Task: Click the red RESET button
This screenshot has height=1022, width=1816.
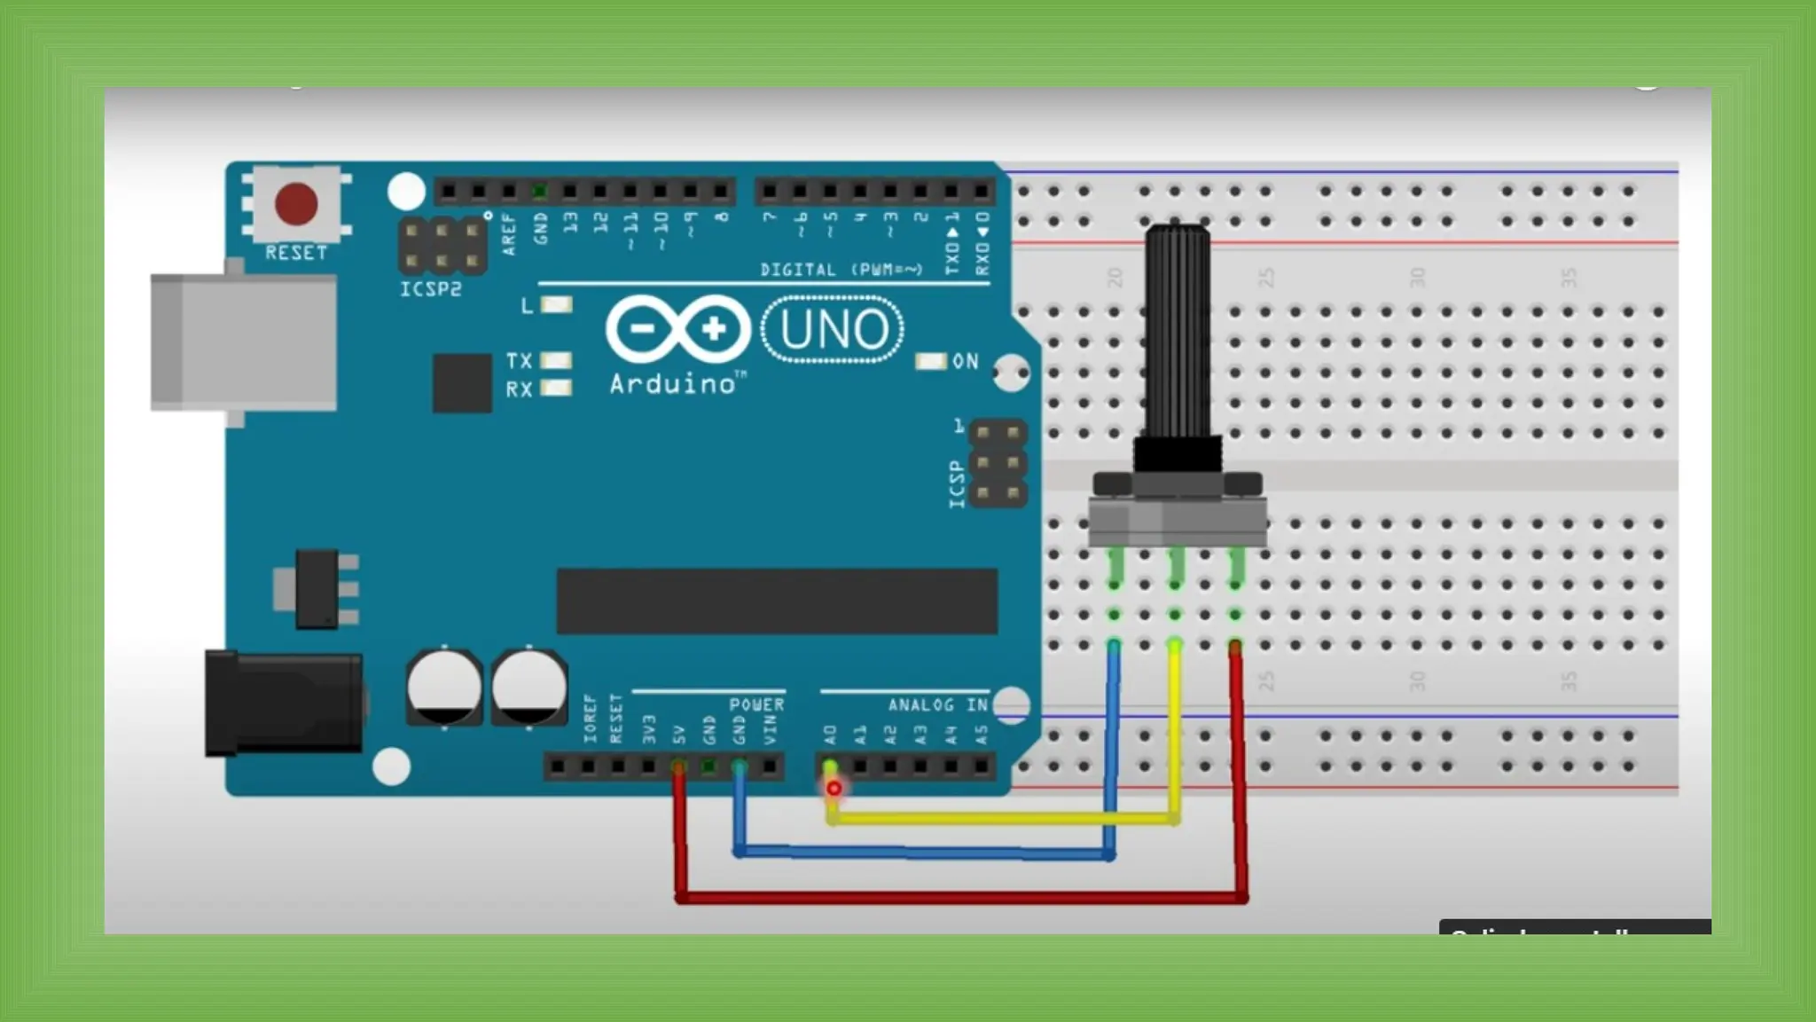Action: click(296, 203)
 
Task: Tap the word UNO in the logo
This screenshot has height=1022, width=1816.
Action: click(834, 330)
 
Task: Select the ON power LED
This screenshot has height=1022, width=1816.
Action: click(931, 361)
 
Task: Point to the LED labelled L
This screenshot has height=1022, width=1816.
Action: click(557, 305)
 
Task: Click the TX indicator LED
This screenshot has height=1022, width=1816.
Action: click(556, 360)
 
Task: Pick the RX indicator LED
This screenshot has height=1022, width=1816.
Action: click(556, 388)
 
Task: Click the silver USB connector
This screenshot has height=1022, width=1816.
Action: click(244, 342)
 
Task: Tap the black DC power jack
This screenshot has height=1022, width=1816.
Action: click(284, 704)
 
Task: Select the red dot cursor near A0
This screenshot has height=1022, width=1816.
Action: click(834, 788)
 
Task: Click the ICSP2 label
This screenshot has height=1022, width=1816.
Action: click(431, 289)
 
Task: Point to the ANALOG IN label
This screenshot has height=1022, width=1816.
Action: click(937, 705)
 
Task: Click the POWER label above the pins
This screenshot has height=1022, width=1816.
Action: click(756, 705)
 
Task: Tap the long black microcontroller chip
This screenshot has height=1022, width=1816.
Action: click(777, 601)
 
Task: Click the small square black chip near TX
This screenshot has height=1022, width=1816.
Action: click(462, 383)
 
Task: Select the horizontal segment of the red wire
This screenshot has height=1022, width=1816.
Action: click(962, 899)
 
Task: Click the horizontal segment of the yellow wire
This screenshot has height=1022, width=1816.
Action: click(1002, 819)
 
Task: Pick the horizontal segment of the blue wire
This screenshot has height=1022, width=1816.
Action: click(922, 853)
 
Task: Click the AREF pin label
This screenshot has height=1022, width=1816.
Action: click(509, 234)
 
